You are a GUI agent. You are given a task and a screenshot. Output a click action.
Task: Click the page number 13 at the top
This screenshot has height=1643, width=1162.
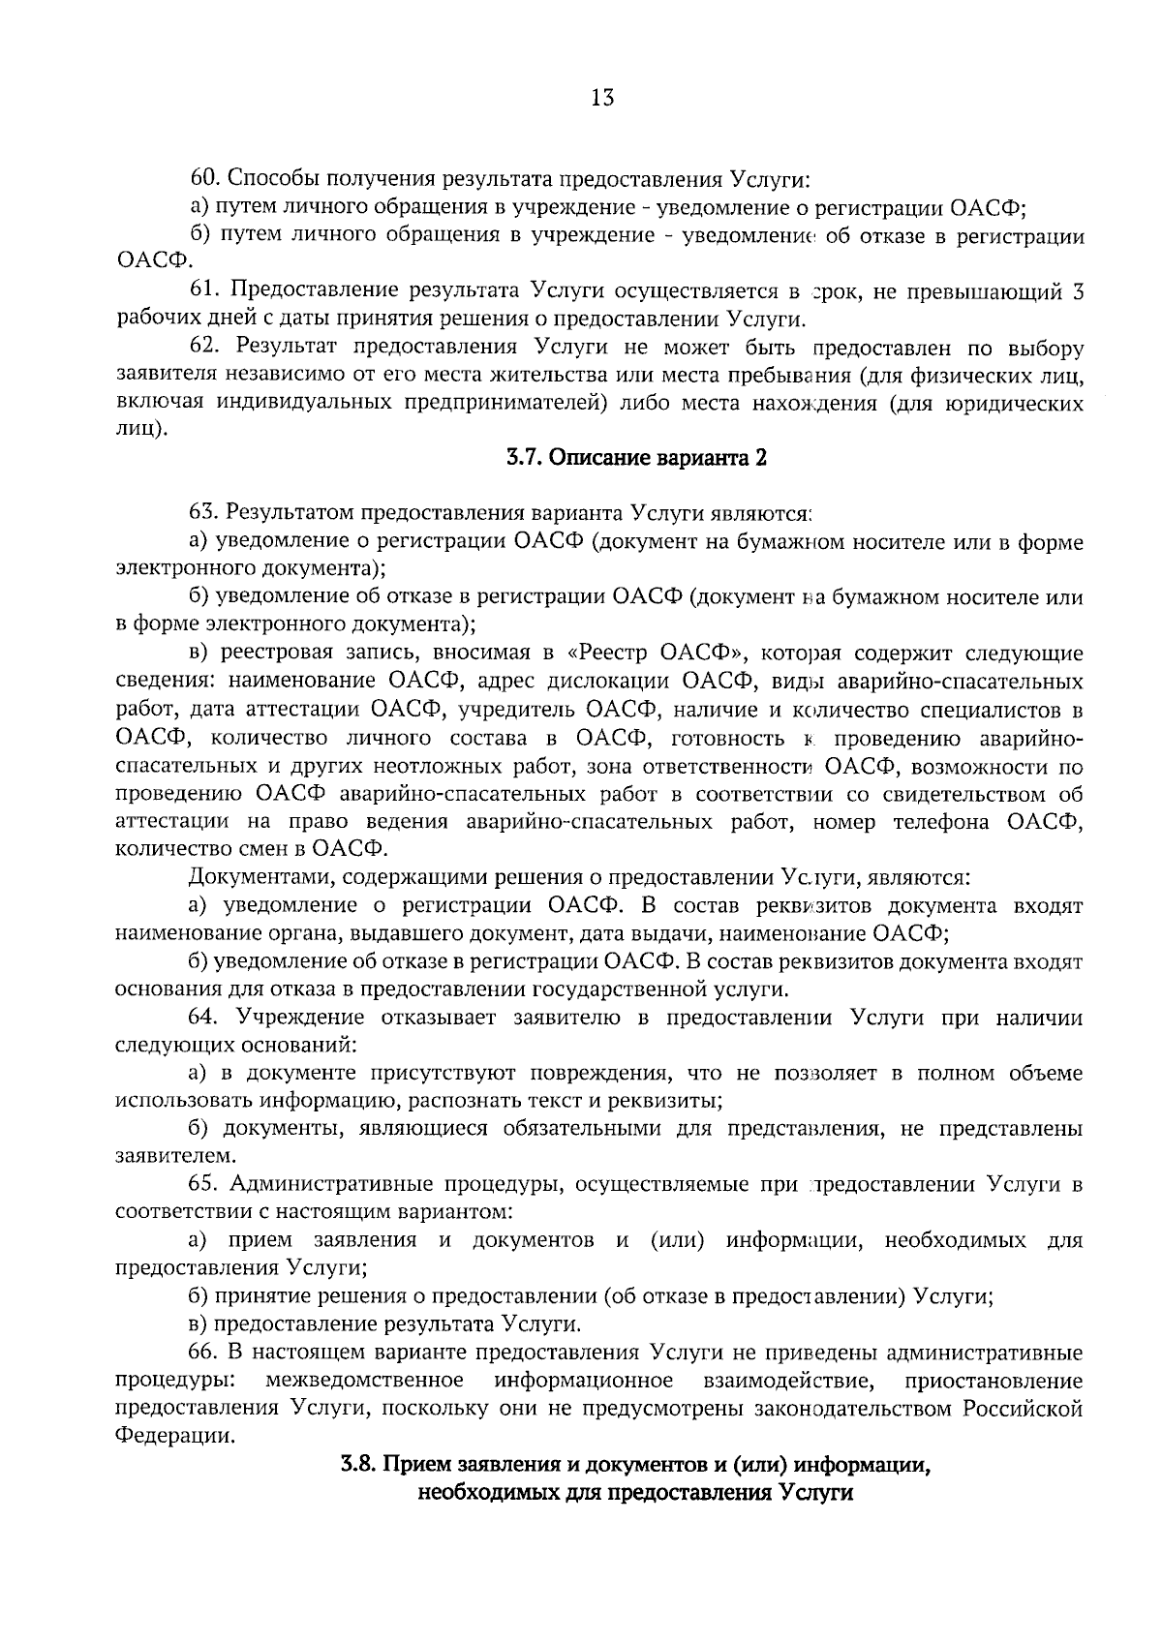click(x=601, y=98)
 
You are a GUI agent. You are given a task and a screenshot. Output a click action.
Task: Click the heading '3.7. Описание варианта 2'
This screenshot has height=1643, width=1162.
click(x=636, y=459)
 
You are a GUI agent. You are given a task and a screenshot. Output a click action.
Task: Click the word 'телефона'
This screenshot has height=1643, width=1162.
click(x=945, y=822)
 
